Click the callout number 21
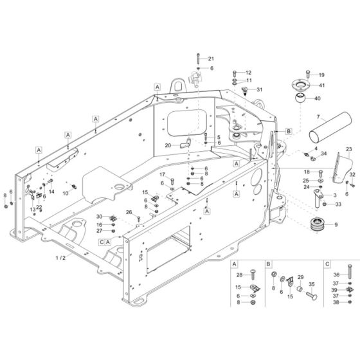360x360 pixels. pyautogui.click(x=212, y=59)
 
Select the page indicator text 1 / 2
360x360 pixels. pyautogui.click(x=78, y=257)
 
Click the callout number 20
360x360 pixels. pyautogui.click(x=168, y=146)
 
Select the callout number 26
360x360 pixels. pyautogui.click(x=129, y=212)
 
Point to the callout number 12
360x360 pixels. pyautogui.click(x=249, y=73)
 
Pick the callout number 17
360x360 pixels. pyautogui.click(x=163, y=175)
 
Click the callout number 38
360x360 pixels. pyautogui.click(x=336, y=301)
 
